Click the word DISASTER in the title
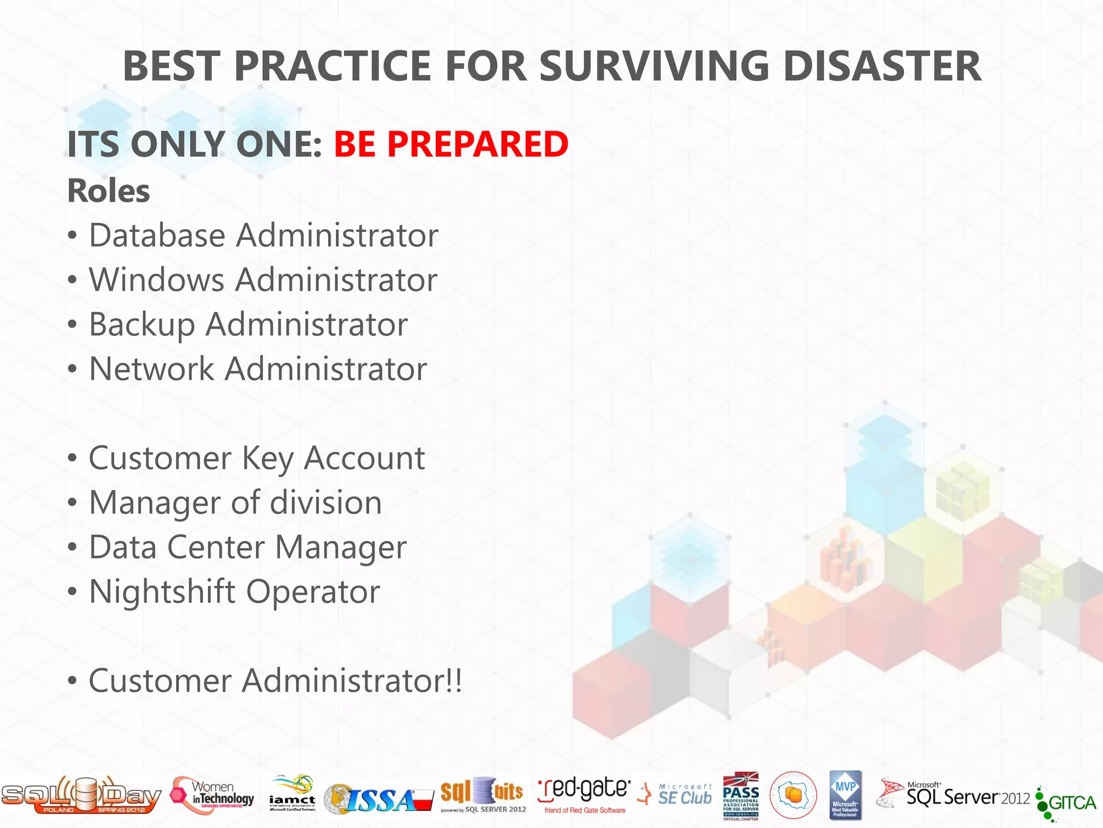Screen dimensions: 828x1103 (x=882, y=66)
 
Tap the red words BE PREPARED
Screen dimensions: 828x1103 (x=451, y=144)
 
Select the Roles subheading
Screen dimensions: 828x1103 (x=108, y=191)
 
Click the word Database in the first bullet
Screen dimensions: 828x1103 (x=157, y=236)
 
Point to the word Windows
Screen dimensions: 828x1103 (x=156, y=280)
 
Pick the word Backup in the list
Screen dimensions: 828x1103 (x=141, y=325)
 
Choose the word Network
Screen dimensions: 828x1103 (x=151, y=369)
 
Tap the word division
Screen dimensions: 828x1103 (x=325, y=503)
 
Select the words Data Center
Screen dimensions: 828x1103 (x=176, y=548)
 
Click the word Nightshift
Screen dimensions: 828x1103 (x=162, y=592)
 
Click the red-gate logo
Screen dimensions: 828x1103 (x=584, y=793)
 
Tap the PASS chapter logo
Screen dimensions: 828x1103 (x=741, y=795)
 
